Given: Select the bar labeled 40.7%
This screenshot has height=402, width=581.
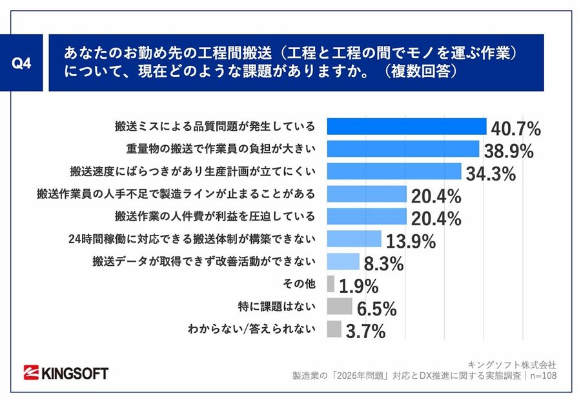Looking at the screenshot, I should [x=406, y=126].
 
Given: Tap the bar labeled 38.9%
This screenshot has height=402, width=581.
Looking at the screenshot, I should [x=403, y=149].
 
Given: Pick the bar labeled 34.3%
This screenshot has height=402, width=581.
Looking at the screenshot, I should [x=394, y=172].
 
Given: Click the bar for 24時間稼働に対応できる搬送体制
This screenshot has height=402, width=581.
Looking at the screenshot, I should [x=354, y=239].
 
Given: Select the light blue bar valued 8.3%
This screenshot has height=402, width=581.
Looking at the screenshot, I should [x=343, y=261].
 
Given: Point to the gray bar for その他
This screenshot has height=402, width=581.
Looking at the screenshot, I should [x=331, y=284].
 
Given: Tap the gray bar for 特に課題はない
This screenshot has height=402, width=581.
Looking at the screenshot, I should [x=340, y=307].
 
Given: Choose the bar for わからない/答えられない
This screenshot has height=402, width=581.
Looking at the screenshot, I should [x=334, y=329].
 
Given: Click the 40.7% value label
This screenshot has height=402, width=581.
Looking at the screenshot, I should [x=515, y=128].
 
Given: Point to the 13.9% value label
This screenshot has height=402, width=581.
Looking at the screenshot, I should [x=411, y=242].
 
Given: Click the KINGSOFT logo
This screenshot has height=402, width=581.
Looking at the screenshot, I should [x=66, y=372].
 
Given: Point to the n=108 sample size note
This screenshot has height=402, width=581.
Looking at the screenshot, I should [x=541, y=376].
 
